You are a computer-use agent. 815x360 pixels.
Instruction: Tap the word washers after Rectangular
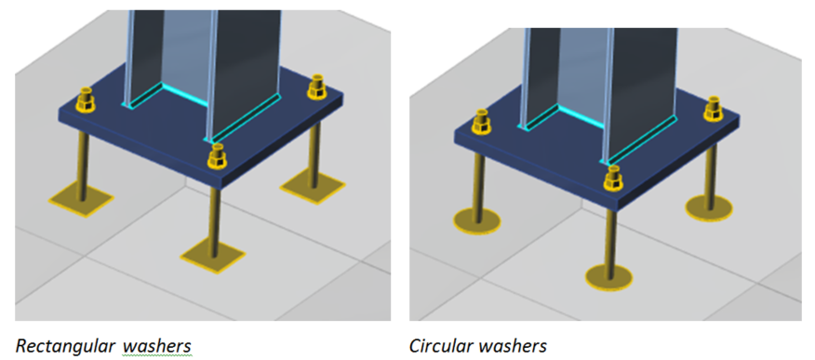157,346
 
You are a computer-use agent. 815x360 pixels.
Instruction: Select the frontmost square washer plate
213,256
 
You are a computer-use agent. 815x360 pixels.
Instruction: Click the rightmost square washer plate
312,186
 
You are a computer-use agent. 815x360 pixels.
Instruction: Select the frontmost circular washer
608,277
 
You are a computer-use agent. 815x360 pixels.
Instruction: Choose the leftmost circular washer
476,221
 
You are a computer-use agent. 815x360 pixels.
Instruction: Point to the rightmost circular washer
709,207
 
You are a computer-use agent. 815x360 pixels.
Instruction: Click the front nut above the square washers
217,157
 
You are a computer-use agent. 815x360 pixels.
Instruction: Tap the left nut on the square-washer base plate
86,100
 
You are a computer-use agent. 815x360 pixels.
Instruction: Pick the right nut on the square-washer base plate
316,87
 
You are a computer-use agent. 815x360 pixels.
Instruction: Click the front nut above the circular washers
614,180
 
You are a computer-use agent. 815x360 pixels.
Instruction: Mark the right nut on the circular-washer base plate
713,109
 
